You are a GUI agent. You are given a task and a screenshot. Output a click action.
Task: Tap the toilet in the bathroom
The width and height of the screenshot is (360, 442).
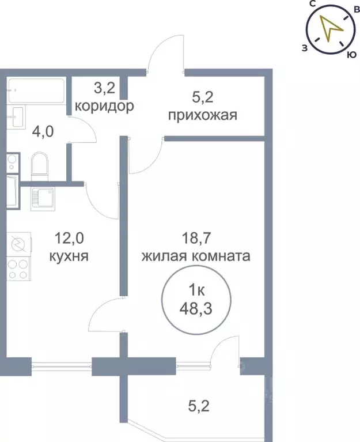click(x=39, y=164)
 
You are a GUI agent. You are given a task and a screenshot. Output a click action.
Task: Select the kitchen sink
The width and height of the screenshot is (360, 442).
click(x=43, y=199)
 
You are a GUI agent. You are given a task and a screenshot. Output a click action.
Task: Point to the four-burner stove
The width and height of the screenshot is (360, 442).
click(x=17, y=269)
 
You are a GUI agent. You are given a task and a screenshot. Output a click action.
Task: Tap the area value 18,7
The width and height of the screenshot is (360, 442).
click(x=196, y=237)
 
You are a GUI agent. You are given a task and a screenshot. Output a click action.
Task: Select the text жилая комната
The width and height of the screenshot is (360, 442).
click(x=196, y=255)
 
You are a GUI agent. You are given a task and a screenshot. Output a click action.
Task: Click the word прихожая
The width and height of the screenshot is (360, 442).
click(x=203, y=115)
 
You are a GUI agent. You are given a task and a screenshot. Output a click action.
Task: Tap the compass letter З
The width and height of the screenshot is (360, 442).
click(x=304, y=48)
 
